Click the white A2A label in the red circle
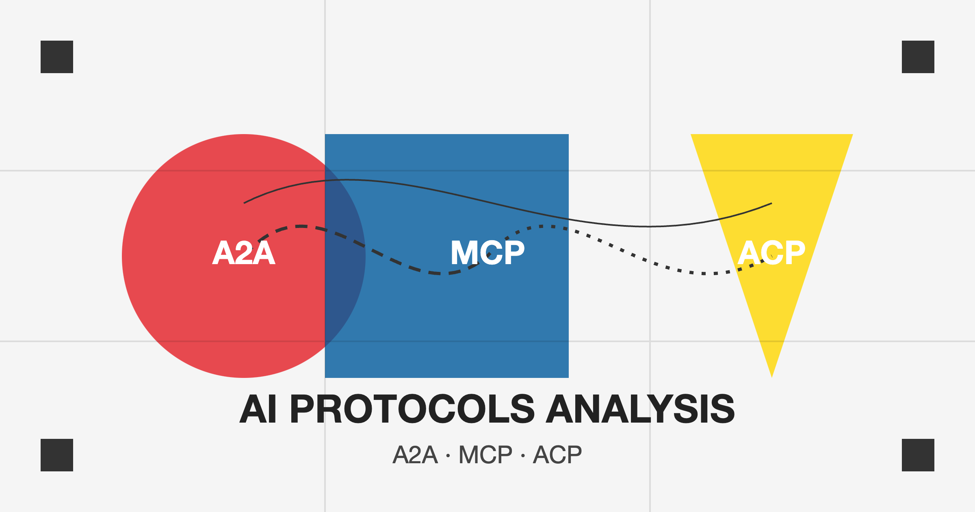point(244,253)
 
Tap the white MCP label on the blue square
point(487,253)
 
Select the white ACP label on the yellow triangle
point(771,253)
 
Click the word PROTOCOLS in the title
point(412,409)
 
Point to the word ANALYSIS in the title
point(640,409)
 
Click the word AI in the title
point(258,409)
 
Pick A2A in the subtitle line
point(415,455)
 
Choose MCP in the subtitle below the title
point(485,455)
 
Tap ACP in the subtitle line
point(557,455)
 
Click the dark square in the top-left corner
point(57,57)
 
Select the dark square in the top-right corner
point(918,57)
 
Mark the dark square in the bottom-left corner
point(57,455)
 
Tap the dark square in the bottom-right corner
point(918,455)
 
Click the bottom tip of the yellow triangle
point(772,377)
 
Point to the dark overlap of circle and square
point(343,256)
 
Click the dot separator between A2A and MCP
point(448,456)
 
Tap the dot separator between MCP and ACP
point(523,456)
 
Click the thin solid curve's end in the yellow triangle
point(771,203)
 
